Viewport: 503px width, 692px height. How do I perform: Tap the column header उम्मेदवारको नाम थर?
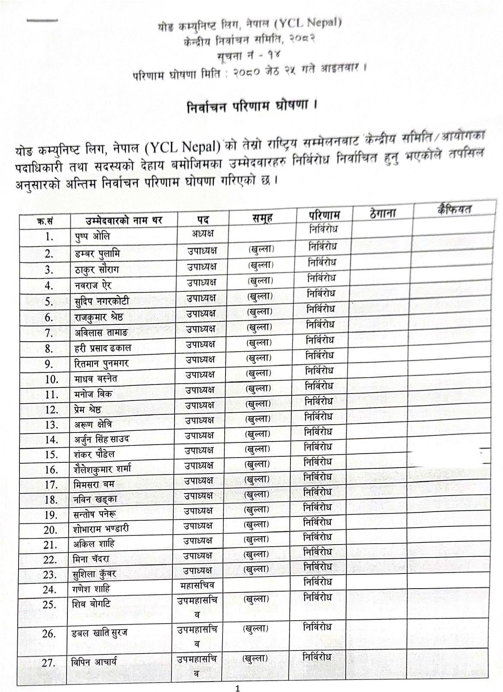tap(118, 220)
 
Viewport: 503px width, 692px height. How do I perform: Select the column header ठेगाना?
tap(382, 213)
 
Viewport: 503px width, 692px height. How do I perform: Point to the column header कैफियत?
tap(454, 209)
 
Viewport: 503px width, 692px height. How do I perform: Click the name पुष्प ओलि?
tap(92, 236)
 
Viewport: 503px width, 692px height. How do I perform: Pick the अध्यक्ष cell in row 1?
tap(203, 234)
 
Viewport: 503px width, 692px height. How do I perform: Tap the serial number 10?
tap(51, 379)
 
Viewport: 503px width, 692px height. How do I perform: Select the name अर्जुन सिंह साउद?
tap(101, 439)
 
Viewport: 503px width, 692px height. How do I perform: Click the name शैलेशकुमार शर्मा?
tap(102, 469)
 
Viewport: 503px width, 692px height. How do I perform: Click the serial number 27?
tap(48, 663)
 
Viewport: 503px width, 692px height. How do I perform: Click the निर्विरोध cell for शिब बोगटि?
tap(318, 598)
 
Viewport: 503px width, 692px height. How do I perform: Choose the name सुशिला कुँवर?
tap(94, 574)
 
